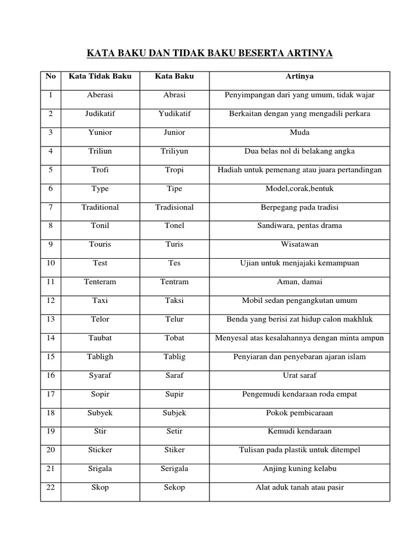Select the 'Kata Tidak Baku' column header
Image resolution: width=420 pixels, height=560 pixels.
coord(100,76)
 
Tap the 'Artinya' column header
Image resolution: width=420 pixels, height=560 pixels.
coord(300,76)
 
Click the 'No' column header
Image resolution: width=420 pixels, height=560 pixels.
coord(51,76)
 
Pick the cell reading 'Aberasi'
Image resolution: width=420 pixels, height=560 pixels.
coord(100,95)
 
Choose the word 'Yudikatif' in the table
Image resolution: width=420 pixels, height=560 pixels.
coord(174,114)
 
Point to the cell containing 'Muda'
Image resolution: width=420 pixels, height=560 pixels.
coord(300,132)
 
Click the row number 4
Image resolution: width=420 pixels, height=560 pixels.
coord(51,151)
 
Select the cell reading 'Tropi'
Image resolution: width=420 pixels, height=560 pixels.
coord(174,170)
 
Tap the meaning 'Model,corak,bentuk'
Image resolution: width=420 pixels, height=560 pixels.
coord(300,189)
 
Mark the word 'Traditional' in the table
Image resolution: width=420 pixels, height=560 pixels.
coord(100,207)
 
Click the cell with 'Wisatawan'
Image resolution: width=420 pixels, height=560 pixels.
coord(300,244)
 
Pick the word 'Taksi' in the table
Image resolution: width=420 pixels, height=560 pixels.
coord(174,300)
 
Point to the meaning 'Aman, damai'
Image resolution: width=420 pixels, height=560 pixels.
coord(300,282)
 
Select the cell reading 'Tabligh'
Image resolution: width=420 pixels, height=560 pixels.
coord(100,357)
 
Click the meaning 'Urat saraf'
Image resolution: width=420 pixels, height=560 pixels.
coord(300,375)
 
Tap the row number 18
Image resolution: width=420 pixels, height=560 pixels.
coord(51,412)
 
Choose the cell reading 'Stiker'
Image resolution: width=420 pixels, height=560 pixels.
coord(174,450)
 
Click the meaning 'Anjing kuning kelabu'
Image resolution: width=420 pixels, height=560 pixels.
coord(300,469)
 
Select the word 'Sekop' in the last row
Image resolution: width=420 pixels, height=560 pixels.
coord(174,487)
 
